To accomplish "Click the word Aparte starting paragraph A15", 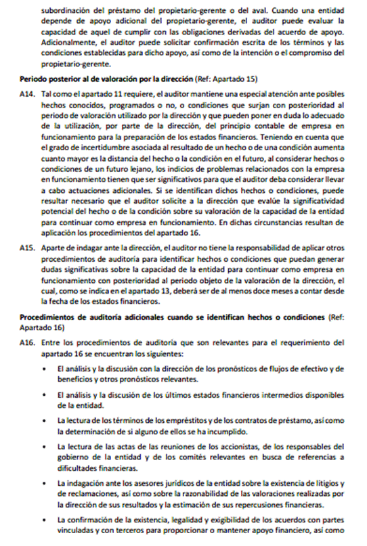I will pyautogui.click(x=55, y=248).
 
